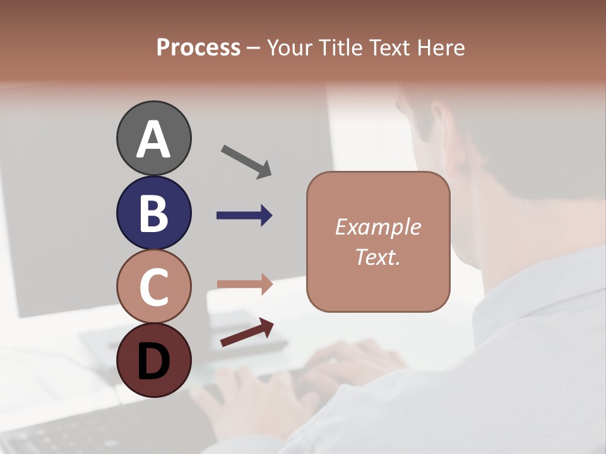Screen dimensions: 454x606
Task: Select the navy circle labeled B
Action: (153, 213)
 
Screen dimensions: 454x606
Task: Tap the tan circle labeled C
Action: (153, 287)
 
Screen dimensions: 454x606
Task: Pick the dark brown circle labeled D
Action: (153, 361)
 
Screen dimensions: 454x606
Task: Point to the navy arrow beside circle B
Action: (244, 216)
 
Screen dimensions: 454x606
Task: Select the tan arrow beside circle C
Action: (244, 284)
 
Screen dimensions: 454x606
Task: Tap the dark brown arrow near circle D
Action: (247, 332)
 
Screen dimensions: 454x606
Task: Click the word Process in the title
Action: (198, 47)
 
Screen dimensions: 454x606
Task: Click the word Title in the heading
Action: (340, 48)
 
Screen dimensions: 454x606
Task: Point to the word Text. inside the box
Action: (377, 257)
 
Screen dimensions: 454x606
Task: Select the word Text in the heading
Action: (389, 48)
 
